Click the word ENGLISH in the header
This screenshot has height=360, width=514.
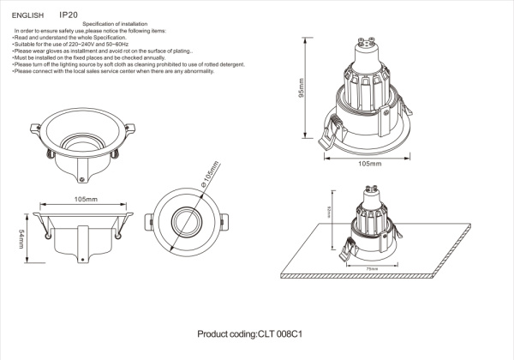point(27,15)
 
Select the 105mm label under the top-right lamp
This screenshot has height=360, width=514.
point(368,163)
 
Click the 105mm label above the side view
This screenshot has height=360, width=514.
point(86,199)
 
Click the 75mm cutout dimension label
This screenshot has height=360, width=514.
point(371,268)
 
